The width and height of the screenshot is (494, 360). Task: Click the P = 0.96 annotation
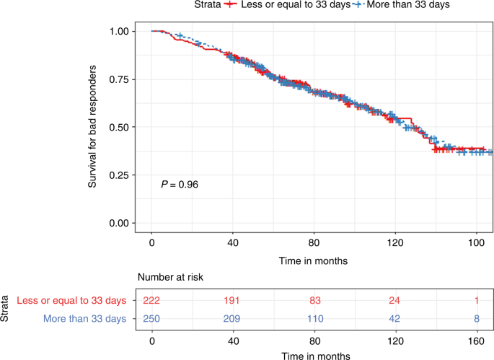[x=179, y=185]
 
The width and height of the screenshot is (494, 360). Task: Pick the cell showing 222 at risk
[x=151, y=300]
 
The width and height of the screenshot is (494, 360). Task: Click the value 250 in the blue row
[x=151, y=317]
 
